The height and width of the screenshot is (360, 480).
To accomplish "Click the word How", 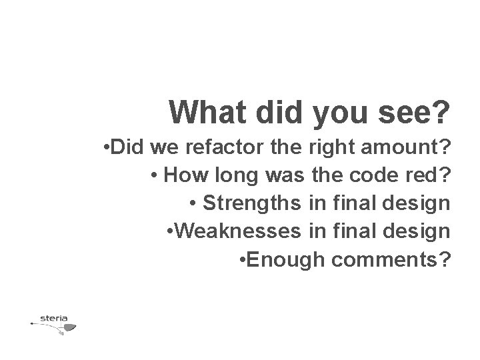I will pos(185,177).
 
